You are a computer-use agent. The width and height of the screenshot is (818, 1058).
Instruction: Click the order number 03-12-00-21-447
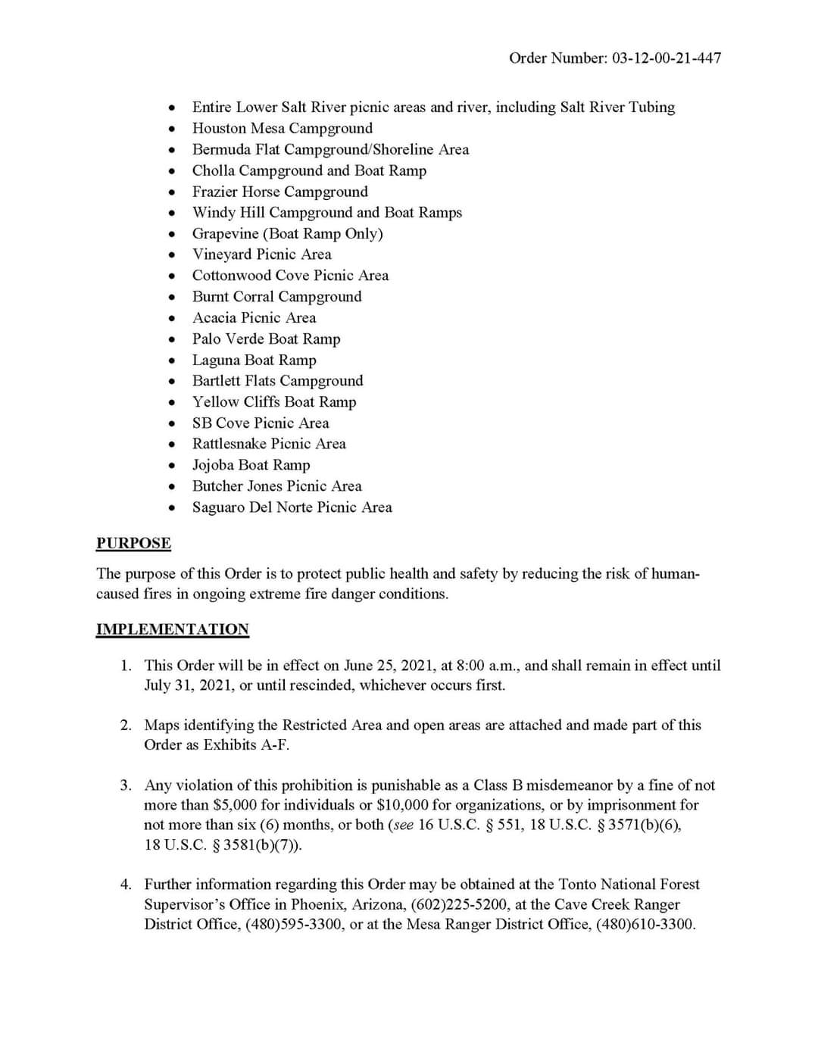666,58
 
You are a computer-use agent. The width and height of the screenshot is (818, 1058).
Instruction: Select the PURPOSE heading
133,543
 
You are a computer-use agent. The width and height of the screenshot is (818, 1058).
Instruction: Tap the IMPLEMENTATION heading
172,629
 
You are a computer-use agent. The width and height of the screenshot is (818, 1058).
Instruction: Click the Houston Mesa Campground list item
282,128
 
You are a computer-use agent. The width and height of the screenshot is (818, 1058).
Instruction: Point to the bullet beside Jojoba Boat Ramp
173,466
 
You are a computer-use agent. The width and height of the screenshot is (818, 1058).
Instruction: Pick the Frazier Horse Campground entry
279,192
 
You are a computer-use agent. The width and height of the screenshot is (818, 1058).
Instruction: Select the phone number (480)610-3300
645,925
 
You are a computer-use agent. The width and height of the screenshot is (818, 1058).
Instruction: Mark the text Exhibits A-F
245,745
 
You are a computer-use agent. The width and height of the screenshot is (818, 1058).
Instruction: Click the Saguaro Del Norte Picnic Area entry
292,507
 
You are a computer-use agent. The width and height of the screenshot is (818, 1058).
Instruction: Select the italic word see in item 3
403,825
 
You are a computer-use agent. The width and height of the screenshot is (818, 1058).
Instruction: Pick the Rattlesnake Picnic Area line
269,444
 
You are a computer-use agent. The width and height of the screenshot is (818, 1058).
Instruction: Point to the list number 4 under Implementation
126,885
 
